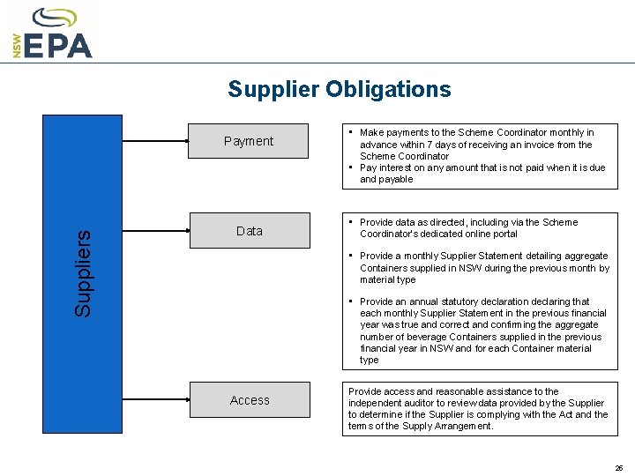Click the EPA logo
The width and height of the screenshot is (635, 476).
click(x=55, y=34)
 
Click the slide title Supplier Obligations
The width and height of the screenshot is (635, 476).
click(x=339, y=89)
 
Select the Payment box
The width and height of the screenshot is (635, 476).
click(x=250, y=141)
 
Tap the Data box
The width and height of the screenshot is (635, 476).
click(x=250, y=231)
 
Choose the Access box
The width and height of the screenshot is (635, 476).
click(x=250, y=400)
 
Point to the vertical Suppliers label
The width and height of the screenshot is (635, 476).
click(x=83, y=273)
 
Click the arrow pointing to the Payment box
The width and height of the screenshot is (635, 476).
click(x=155, y=141)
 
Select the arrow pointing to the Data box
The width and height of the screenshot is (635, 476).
click(x=155, y=231)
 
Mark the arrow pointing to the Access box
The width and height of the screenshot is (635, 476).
click(x=155, y=400)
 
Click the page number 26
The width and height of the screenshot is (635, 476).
click(x=619, y=468)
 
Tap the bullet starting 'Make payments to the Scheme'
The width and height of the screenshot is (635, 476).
click(x=476, y=145)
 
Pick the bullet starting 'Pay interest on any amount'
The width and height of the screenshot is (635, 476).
click(x=482, y=173)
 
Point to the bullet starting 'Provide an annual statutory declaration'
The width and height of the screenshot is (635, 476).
click(x=482, y=331)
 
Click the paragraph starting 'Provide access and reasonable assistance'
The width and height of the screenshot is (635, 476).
click(x=478, y=409)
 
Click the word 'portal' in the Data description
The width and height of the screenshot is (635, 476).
click(x=529, y=234)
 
